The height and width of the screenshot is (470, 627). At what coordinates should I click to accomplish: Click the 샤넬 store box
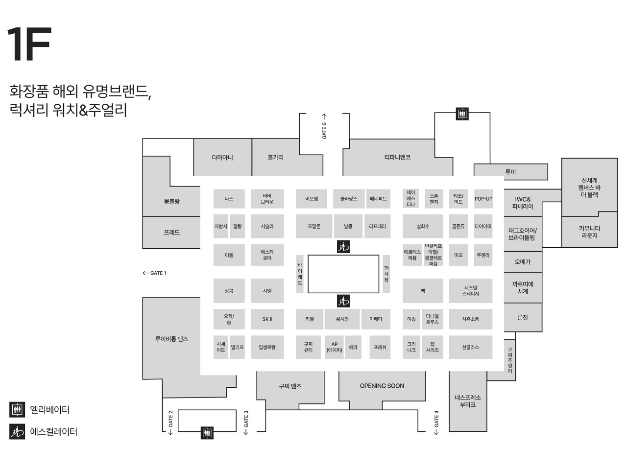coord(267,291)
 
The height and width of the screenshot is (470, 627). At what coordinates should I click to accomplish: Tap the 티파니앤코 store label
coord(397,157)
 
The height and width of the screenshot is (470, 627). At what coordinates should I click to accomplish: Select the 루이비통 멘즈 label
coord(171,339)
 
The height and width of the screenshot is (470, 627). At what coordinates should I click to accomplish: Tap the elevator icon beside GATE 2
coord(207,433)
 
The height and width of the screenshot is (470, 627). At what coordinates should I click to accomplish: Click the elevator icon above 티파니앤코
coord(462,114)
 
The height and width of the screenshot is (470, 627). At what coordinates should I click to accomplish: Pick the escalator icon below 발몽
coord(343,247)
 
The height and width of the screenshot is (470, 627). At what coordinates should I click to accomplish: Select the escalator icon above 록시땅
coord(343,301)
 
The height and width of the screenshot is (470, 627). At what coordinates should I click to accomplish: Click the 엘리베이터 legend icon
coord(17,409)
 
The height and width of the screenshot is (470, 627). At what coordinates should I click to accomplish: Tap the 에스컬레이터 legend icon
coord(17,432)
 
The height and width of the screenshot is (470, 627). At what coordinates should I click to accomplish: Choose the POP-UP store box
coord(483,199)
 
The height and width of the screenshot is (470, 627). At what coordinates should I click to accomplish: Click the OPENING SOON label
coord(382,386)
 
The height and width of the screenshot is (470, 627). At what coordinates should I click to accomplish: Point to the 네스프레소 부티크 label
coord(468,401)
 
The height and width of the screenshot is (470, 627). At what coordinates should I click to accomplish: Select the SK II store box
coord(267,319)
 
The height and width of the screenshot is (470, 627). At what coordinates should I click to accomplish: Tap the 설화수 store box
coord(423,226)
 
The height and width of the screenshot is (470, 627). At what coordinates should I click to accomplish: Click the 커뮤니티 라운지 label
coord(589,232)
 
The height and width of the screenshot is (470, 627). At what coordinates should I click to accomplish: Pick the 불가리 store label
coord(275,157)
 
